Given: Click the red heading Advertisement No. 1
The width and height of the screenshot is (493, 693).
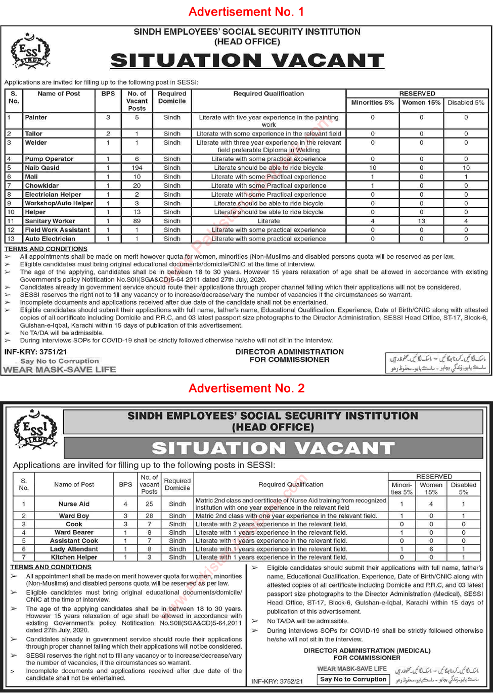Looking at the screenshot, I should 246,12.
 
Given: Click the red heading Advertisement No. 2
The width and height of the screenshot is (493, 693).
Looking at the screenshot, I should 246,388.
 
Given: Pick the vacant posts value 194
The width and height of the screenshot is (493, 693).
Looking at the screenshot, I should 137,168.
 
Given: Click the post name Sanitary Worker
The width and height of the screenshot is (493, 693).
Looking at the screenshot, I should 50,221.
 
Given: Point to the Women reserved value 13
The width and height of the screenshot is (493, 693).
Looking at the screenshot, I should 421,221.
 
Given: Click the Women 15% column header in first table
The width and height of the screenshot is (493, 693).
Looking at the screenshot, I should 421,103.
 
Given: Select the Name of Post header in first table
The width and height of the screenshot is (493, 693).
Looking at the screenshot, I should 59,94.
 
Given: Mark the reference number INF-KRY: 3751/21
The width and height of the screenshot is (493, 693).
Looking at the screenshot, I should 35,352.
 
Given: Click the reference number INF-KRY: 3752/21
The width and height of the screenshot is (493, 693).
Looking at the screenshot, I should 277,681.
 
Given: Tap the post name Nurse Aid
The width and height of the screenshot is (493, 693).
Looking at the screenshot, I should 74,504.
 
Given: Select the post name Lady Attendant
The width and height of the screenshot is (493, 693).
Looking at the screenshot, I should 74,549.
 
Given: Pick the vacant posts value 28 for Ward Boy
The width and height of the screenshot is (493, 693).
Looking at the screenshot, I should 149,516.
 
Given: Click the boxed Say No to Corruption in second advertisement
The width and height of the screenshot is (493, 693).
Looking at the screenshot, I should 352,679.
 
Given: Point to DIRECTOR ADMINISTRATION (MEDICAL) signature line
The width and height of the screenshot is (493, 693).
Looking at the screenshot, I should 367,651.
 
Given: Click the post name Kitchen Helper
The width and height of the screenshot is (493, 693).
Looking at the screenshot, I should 74,557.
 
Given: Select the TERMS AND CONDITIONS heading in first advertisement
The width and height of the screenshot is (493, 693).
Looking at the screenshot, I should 46,249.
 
